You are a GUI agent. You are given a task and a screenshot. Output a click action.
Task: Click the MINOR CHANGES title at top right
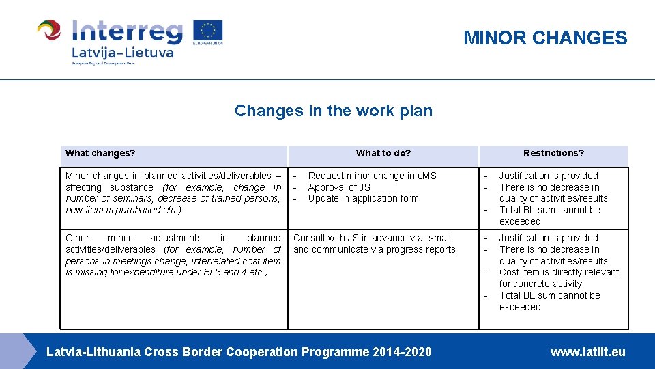544,38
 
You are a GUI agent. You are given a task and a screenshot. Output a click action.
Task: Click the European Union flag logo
207,31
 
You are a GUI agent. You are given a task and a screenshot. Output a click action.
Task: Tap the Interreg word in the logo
128,31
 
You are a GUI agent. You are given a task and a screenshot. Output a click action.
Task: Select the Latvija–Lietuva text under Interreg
123,53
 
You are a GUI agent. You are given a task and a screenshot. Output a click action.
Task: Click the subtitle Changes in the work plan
333,111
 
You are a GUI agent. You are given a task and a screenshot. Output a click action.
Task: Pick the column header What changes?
100,153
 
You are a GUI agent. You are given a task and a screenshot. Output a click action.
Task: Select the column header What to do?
383,153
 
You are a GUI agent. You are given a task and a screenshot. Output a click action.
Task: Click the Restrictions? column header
553,153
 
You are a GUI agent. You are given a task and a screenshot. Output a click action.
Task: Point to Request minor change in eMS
372,176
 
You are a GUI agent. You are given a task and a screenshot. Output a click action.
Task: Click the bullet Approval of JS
339,187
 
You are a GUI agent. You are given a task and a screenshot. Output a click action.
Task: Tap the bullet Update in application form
363,198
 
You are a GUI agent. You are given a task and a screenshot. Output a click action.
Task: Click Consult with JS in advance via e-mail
372,238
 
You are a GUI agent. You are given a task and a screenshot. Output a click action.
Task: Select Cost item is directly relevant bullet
559,272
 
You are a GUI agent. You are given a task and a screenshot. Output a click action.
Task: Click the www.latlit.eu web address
587,352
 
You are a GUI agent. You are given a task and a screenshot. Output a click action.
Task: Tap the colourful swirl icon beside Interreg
49,31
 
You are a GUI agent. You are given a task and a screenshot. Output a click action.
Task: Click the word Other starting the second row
77,238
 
